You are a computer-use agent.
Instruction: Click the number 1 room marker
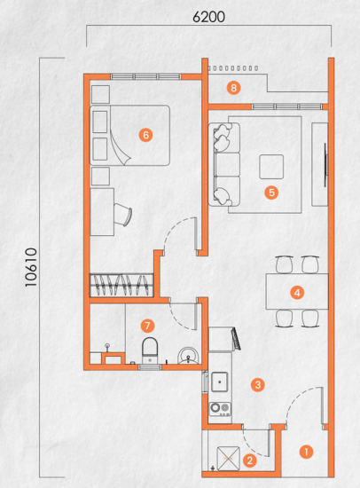point(307,451)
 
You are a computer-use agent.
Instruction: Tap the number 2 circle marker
point(250,460)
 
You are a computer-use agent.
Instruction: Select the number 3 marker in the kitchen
point(257,385)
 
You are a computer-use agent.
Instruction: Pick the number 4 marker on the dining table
point(298,291)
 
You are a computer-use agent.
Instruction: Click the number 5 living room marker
point(272,191)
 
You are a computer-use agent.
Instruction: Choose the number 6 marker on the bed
point(145,135)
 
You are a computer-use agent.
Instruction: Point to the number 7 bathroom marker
point(148,326)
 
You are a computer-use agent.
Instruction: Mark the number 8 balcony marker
point(234,87)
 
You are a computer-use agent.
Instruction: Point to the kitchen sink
point(220,382)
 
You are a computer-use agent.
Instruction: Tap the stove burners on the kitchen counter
point(220,410)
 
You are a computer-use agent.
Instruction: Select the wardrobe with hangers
point(122,285)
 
